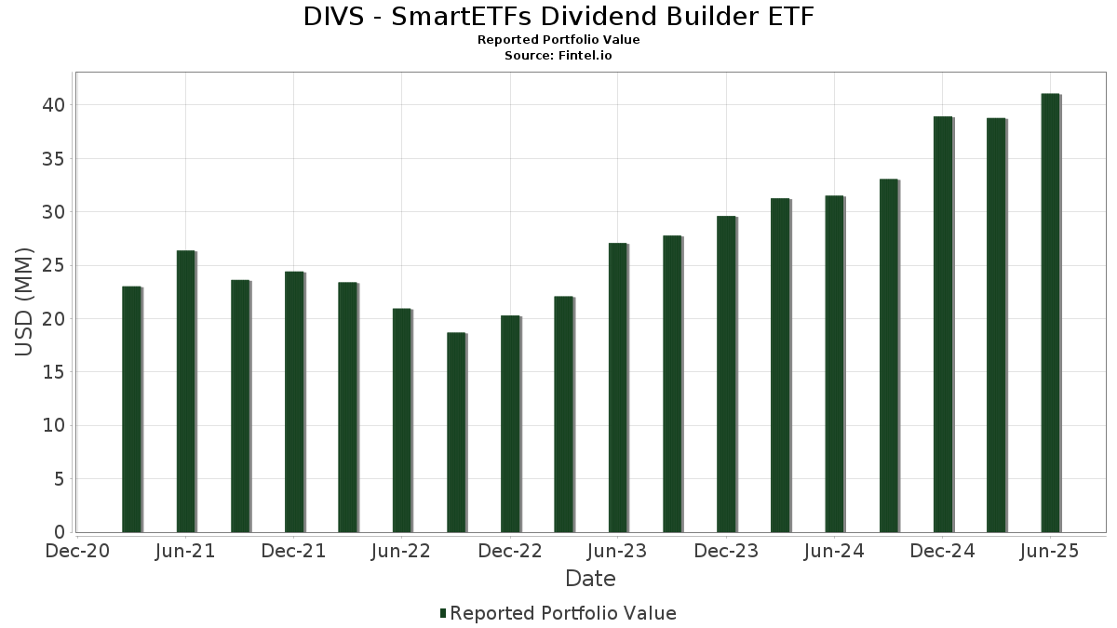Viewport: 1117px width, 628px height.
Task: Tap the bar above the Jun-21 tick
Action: [185, 391]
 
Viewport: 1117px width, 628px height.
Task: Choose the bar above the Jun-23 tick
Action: [617, 387]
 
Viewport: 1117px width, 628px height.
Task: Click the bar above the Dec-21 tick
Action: [293, 401]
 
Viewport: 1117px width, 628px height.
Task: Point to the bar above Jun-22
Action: [401, 420]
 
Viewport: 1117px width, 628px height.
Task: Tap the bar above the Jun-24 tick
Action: [834, 364]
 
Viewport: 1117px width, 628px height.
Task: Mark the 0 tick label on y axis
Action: [60, 533]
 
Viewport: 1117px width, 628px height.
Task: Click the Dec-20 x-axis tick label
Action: [78, 552]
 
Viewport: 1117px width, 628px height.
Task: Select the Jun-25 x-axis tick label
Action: [1050, 552]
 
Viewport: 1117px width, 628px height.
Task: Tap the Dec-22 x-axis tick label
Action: [509, 552]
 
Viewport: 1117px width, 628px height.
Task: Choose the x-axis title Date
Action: [590, 579]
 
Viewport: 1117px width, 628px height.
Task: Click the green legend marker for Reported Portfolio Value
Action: [443, 613]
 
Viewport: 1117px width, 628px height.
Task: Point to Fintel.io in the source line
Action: [585, 56]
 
